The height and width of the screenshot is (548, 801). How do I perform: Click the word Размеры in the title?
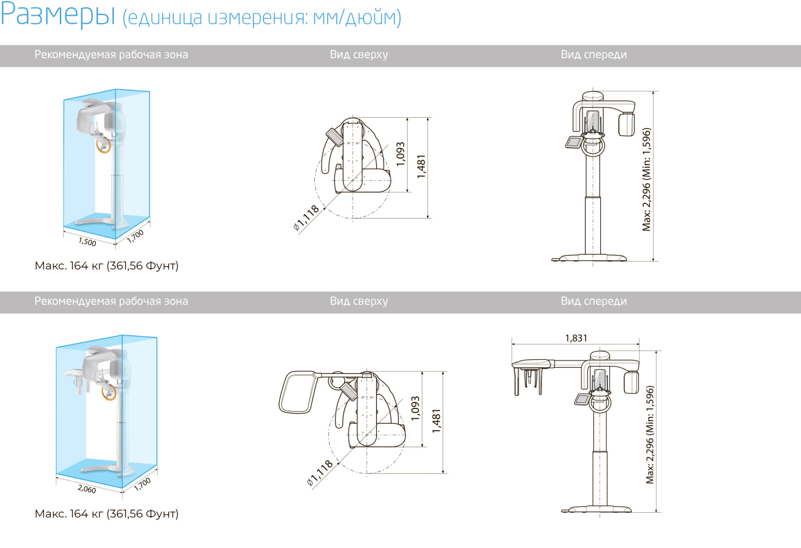pyautogui.click(x=58, y=15)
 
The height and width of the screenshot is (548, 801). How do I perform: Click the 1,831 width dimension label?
pyautogui.click(x=576, y=338)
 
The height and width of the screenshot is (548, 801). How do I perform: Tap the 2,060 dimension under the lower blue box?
pyautogui.click(x=87, y=489)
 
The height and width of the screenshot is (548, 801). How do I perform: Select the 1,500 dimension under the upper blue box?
pyautogui.click(x=87, y=242)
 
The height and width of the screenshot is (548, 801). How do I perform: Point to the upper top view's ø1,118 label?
pyautogui.click(x=306, y=218)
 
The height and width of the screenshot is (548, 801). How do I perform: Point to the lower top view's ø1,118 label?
pyautogui.click(x=320, y=473)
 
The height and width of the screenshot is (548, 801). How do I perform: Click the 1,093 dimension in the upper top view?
pyautogui.click(x=400, y=154)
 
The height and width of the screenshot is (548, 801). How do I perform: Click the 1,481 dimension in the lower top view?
pyautogui.click(x=436, y=421)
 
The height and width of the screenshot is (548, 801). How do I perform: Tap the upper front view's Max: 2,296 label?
pyautogui.click(x=646, y=180)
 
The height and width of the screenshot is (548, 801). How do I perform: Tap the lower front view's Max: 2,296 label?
pyautogui.click(x=650, y=435)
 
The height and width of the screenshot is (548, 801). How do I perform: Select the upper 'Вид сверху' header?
pyautogui.click(x=359, y=55)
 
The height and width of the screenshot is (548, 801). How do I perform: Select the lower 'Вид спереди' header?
pyautogui.click(x=593, y=301)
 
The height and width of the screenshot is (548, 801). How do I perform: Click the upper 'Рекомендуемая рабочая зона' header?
pyautogui.click(x=111, y=55)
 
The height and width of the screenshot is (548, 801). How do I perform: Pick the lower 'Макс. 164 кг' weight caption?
pyautogui.click(x=107, y=513)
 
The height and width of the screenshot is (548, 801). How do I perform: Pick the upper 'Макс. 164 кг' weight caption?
pyautogui.click(x=107, y=266)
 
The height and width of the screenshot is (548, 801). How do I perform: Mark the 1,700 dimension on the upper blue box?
pyautogui.click(x=135, y=237)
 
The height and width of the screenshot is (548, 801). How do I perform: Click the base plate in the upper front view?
pyautogui.click(x=589, y=257)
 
